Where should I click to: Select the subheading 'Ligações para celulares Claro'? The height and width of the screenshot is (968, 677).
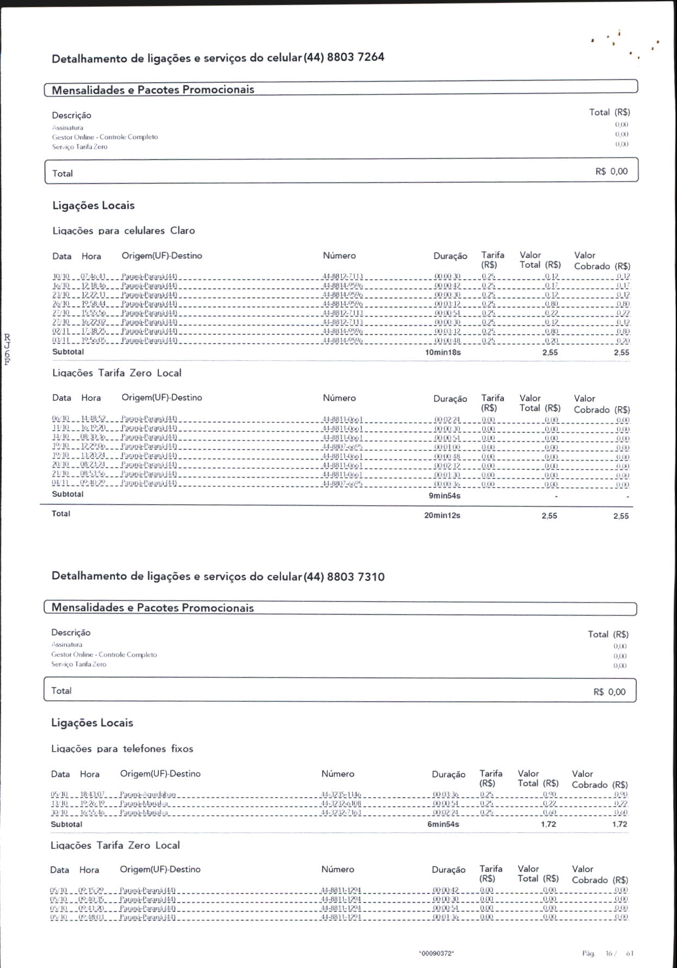pos(124,231)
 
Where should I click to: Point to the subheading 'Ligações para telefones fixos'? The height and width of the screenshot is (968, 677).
pos(122,749)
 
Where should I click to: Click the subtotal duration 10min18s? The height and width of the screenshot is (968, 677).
pos(443,352)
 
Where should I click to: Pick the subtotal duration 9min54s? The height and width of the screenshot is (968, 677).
pos(445,495)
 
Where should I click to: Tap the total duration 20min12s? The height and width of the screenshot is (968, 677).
pos(442,515)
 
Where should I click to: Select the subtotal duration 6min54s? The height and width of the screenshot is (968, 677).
pos(443,824)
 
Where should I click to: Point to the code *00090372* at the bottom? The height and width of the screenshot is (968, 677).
pos(436,953)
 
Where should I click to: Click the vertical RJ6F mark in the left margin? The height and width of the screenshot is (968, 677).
pos(7,349)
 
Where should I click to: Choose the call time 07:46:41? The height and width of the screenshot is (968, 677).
pos(93,277)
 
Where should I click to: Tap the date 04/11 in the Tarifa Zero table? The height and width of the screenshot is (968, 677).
pos(60,483)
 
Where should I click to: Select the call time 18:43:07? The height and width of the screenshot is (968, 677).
pos(92,794)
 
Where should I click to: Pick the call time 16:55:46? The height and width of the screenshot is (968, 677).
pos(92,812)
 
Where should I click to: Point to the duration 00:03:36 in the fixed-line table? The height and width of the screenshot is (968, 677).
pos(446,794)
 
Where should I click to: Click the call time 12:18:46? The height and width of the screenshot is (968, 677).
pos(94,285)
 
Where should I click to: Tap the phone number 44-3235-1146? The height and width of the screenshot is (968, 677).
pos(341,794)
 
